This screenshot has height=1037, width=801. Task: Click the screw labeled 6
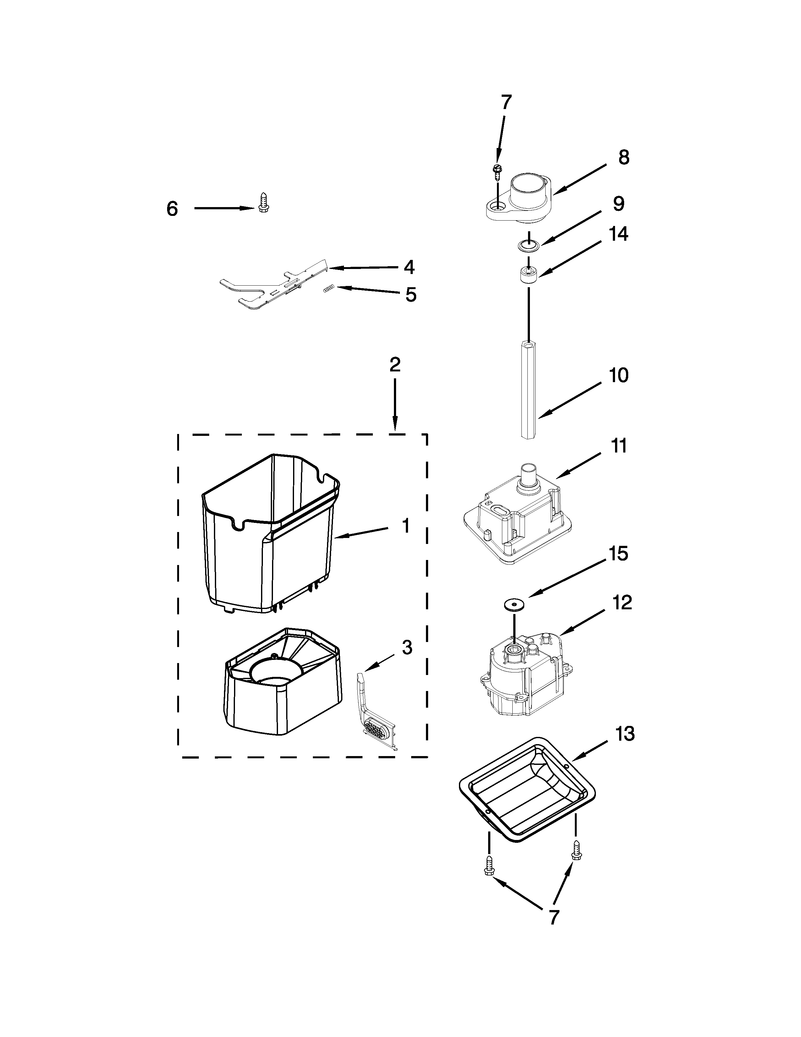point(262,202)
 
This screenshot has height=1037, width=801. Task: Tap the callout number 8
point(624,158)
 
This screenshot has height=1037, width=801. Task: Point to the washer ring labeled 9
point(528,245)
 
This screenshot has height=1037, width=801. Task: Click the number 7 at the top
point(506,102)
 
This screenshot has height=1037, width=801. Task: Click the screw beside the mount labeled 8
point(497,172)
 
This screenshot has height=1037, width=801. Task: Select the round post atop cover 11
point(528,475)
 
